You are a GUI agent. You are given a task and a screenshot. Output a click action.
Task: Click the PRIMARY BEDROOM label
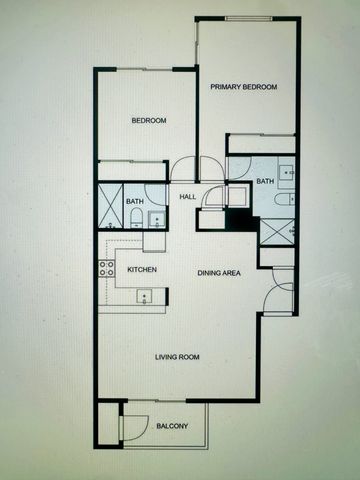[243, 87]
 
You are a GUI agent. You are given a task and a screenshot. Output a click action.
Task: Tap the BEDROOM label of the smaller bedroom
[149, 121]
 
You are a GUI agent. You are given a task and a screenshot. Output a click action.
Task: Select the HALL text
[187, 197]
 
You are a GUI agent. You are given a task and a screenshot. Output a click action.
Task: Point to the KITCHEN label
[141, 270]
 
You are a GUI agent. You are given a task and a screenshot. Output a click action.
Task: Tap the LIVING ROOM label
[177, 357]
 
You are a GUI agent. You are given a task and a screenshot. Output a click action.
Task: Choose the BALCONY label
[172, 427]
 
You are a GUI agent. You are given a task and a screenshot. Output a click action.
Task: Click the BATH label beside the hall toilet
[135, 203]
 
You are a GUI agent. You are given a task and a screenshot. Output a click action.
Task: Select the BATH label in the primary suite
[265, 181]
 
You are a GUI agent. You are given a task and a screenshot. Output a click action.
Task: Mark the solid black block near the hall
[236, 221]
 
